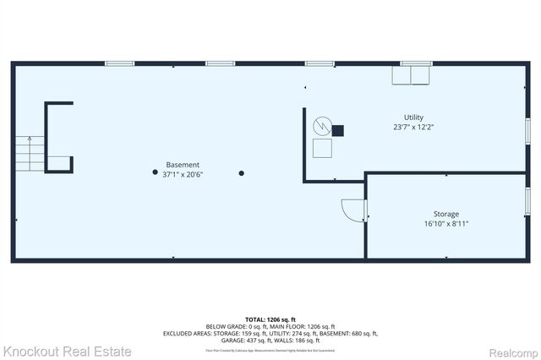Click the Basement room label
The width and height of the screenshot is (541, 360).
[183, 165]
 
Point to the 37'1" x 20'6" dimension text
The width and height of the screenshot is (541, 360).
[183, 175]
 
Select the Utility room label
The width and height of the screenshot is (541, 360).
[413, 117]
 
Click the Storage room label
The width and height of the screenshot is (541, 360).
[447, 214]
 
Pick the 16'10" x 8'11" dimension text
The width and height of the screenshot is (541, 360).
[447, 224]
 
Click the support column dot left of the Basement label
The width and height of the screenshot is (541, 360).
[155, 173]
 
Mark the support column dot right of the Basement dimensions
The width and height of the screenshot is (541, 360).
[242, 173]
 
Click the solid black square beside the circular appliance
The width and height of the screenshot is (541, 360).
[338, 130]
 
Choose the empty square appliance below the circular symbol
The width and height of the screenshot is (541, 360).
[323, 149]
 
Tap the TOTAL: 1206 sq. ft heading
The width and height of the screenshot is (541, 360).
[270, 319]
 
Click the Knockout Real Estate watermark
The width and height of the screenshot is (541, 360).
[67, 351]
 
